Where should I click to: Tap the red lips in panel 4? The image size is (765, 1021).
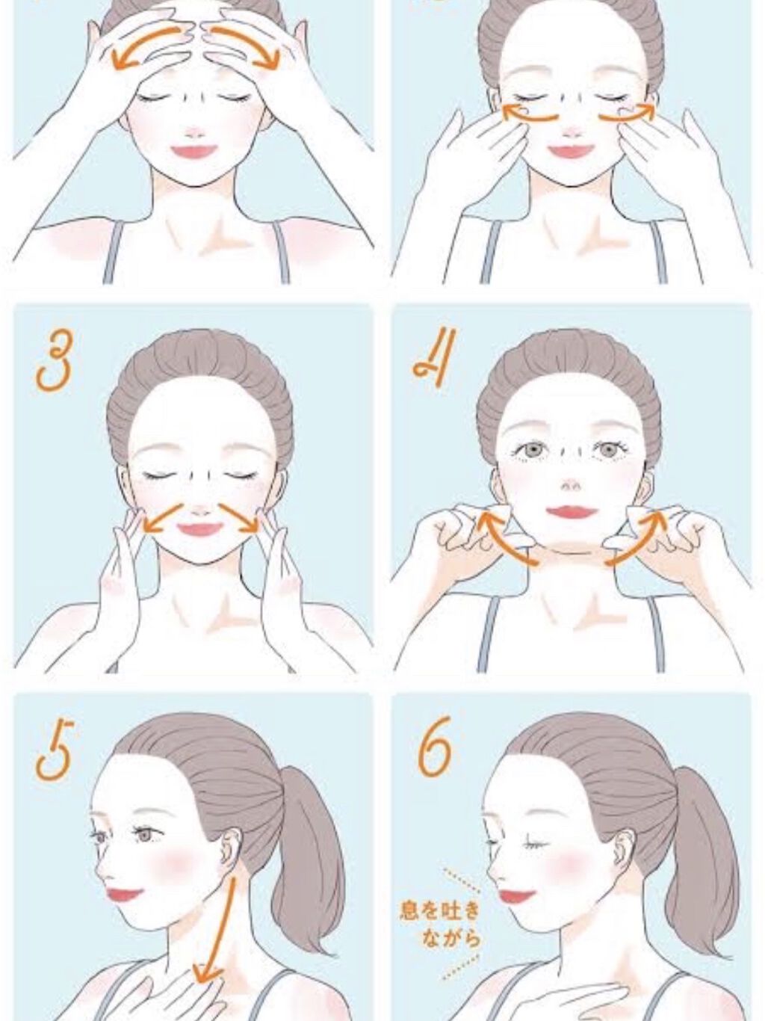tap(572, 513)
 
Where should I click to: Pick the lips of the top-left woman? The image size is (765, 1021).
tap(194, 151)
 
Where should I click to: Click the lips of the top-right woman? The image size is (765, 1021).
tap(572, 151)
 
